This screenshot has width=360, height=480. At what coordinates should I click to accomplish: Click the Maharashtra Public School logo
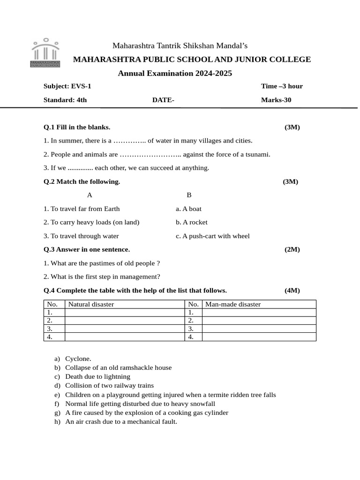point(45,53)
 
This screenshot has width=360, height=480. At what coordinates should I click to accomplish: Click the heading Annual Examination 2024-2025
point(175,73)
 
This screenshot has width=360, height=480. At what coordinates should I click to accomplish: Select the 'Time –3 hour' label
point(282,86)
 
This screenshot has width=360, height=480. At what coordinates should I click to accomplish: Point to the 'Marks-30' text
point(276,100)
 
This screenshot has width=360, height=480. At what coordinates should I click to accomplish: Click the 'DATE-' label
point(163,100)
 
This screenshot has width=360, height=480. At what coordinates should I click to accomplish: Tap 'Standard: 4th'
point(65,100)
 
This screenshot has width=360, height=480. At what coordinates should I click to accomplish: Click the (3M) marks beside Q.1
point(292,127)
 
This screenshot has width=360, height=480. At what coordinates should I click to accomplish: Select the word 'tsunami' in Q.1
point(257,154)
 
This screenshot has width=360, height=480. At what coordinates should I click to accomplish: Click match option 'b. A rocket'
point(192,222)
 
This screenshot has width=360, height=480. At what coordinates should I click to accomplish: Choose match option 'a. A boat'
point(189,209)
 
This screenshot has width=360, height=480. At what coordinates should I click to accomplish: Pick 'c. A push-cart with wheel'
point(213,236)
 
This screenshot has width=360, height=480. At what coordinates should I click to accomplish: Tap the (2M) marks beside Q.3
point(292,249)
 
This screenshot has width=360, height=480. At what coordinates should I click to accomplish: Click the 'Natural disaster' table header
point(91,304)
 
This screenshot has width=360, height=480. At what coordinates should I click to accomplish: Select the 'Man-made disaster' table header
point(233,304)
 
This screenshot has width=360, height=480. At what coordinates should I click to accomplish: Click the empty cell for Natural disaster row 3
point(125,329)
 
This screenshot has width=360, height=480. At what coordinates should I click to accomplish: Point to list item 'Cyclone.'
point(78,359)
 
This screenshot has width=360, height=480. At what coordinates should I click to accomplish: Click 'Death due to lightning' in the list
point(97,376)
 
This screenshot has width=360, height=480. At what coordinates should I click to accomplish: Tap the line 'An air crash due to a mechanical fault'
point(121,421)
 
